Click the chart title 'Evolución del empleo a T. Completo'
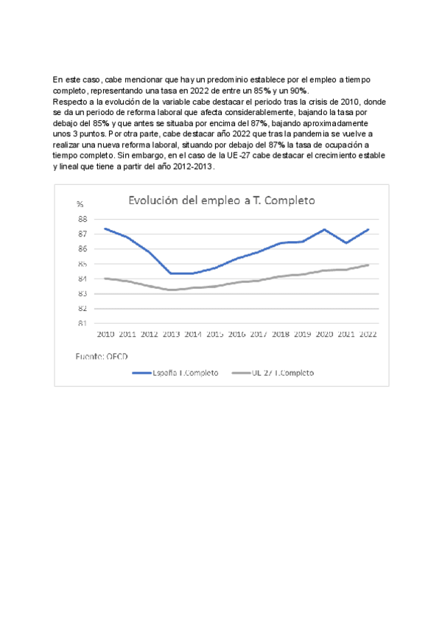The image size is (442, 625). [x=222, y=200]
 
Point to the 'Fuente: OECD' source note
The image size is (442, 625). [x=100, y=356]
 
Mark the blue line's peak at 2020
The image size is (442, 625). [x=324, y=229]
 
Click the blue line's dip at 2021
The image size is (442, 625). [x=346, y=242]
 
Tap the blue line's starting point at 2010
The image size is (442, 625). [x=105, y=228]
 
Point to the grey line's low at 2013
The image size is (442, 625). [x=171, y=290]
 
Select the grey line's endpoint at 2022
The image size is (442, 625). [x=368, y=265]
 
